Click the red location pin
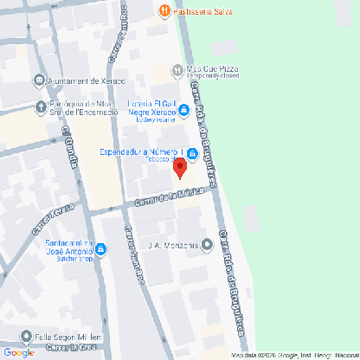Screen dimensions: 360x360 (x=180, y=168)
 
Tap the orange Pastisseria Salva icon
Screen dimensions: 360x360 (x=164, y=11)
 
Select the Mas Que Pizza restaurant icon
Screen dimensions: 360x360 (x=177, y=69)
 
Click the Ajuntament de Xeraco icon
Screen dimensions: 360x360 (x=39, y=81)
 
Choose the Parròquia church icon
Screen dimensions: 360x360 (x=39, y=108)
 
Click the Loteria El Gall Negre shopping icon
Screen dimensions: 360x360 (x=184, y=109)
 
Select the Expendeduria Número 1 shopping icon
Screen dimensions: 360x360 (x=192, y=155)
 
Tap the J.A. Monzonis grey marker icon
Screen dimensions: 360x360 (x=206, y=244)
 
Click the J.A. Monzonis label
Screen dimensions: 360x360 (x=173, y=245)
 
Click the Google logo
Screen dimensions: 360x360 (x=19, y=352)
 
